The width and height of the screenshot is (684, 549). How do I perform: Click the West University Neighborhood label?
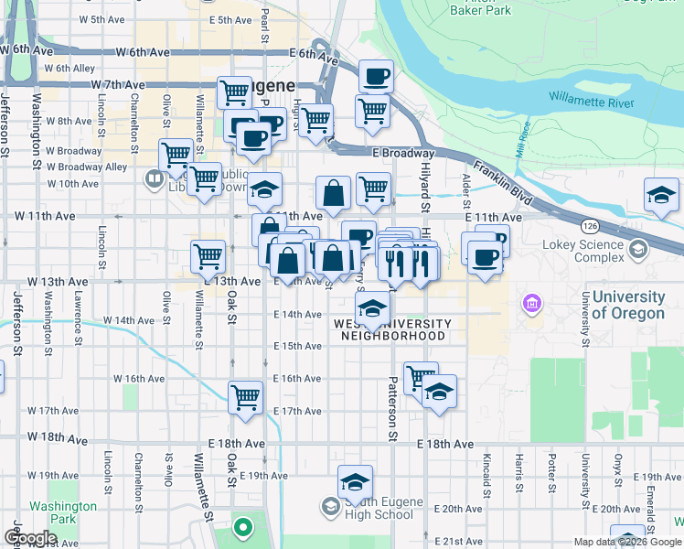click(x=393, y=329)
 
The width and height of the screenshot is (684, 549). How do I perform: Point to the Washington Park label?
click(x=62, y=511)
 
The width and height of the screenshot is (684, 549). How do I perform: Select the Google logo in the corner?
click(x=30, y=538)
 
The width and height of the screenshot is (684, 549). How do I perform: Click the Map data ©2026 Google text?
click(x=627, y=542)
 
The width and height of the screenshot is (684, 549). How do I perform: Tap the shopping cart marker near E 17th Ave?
click(x=245, y=397)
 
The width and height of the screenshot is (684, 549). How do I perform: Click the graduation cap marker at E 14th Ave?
click(x=372, y=308)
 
